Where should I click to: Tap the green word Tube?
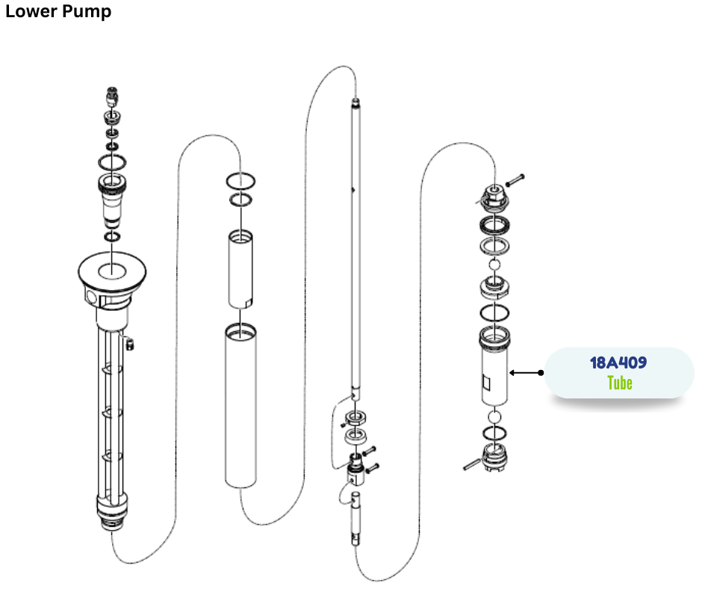click(619, 383)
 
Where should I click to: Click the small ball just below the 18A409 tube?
click(493, 416)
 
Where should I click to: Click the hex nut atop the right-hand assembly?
click(492, 196)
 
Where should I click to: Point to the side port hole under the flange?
click(91, 297)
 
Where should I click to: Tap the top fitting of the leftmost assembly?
click(111, 97)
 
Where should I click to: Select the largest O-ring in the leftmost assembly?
click(111, 161)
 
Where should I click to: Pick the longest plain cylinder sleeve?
click(240, 407)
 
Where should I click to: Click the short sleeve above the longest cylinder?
click(240, 269)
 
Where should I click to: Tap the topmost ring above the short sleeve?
click(240, 182)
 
